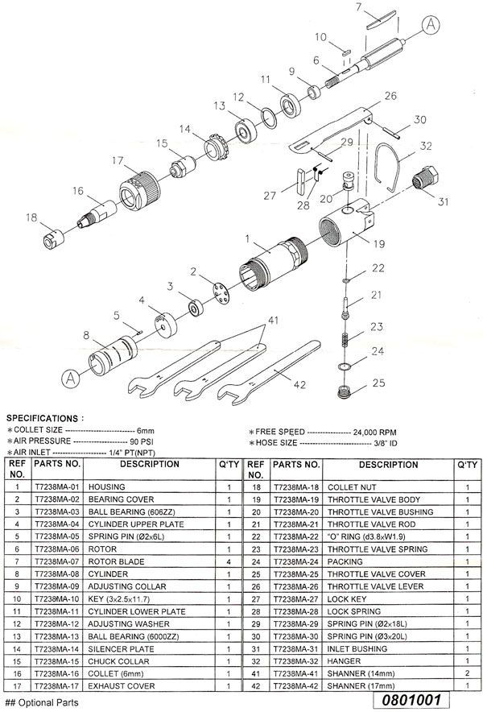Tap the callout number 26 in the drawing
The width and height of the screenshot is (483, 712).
(390, 96)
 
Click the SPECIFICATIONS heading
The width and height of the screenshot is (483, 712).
(44, 419)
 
